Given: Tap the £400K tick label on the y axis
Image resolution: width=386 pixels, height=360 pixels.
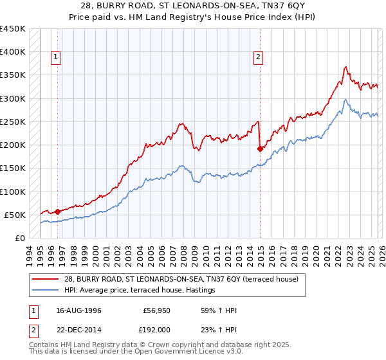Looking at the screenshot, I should [13, 52].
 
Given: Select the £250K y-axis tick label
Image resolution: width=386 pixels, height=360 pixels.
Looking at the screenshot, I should [13, 122].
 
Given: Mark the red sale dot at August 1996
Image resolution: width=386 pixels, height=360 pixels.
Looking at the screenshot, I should [57, 211].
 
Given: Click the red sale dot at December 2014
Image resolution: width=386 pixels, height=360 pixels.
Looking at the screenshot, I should [261, 148].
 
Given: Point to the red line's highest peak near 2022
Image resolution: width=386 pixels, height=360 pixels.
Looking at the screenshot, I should [346, 66].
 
